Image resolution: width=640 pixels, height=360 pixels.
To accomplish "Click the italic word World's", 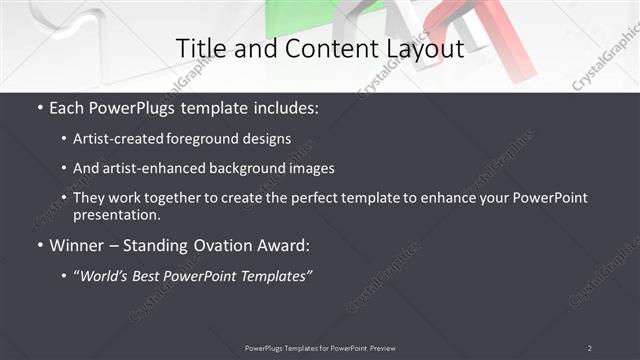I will coord(108,276).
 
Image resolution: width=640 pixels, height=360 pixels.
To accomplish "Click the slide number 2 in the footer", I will coord(589,348).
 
